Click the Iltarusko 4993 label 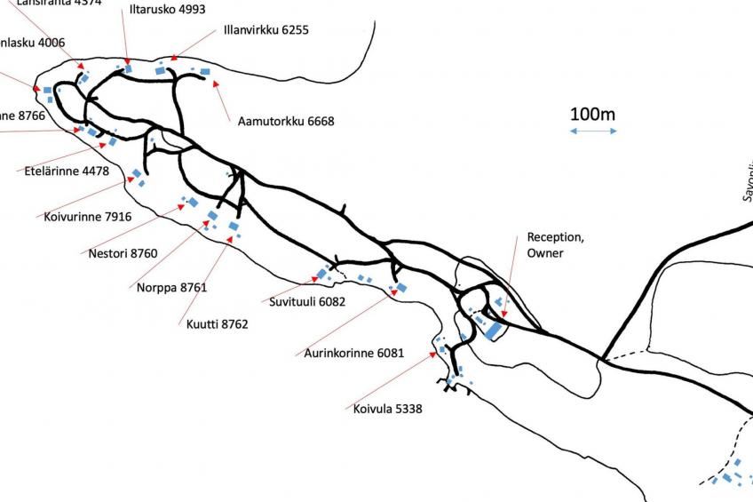pos(167,11)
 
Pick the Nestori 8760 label pos(123,253)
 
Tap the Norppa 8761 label pos(171,287)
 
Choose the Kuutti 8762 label pos(217,324)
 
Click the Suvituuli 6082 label pos(307,301)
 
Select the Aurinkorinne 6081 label pos(353,353)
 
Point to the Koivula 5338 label pos(387,410)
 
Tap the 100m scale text pos(592,115)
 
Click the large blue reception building pos(492,331)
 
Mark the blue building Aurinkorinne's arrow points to pos(400,288)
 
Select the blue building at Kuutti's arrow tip pos(234,227)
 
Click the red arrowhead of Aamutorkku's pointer pos(216,84)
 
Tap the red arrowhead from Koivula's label pos(433,354)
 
